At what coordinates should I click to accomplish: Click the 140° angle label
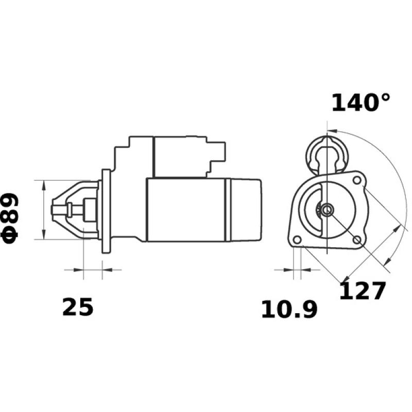(x=360, y=102)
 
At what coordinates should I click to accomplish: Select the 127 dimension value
(x=362, y=291)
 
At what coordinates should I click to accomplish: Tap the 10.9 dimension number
(x=288, y=310)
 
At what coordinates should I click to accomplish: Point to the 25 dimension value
(x=78, y=307)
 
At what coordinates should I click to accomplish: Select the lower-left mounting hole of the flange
(x=296, y=241)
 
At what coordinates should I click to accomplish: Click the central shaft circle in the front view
(x=328, y=210)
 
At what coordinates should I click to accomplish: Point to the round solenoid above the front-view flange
(x=327, y=152)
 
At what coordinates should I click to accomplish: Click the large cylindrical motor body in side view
(x=185, y=210)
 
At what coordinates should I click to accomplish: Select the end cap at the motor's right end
(x=245, y=210)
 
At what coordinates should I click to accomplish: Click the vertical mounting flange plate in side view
(x=107, y=211)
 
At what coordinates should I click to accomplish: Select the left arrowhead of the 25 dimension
(x=79, y=269)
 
